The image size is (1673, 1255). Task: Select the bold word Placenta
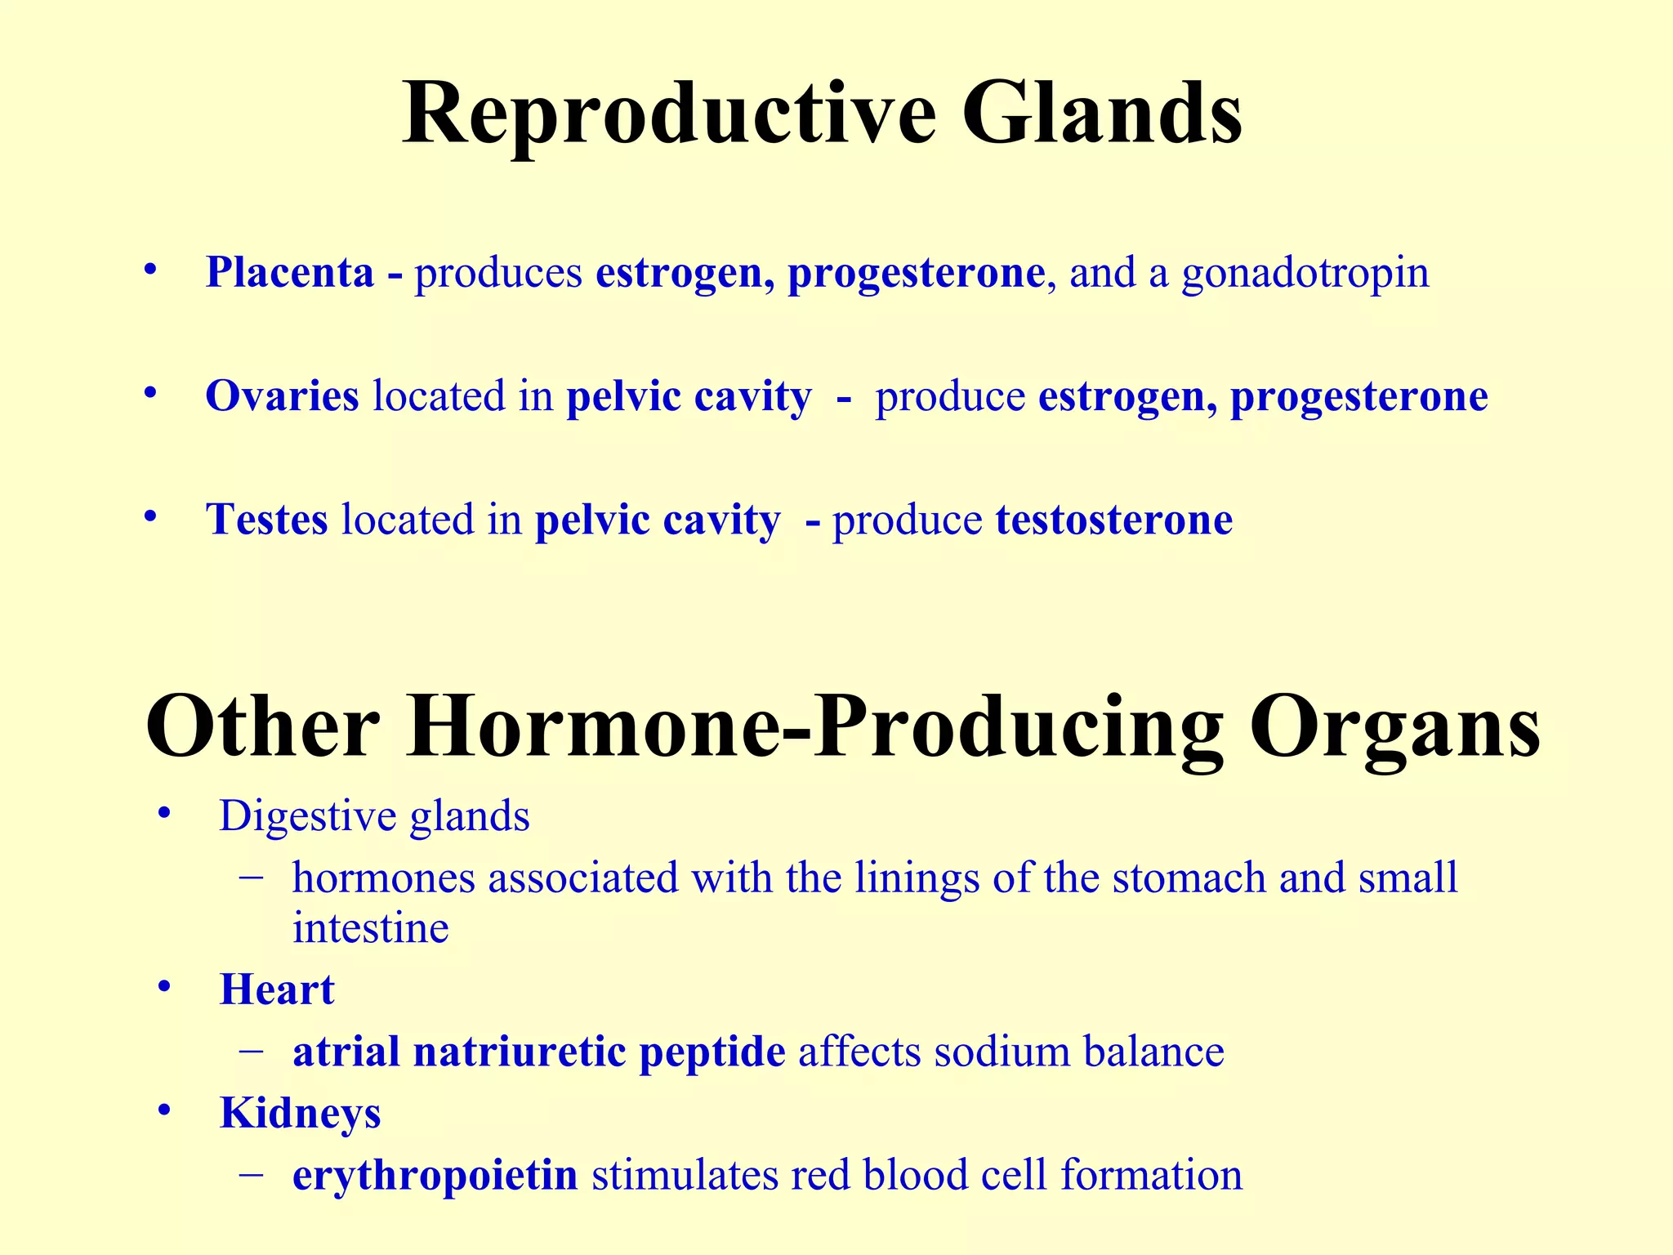(289, 272)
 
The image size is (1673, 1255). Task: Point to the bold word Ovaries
(282, 396)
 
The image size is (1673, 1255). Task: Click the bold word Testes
(266, 520)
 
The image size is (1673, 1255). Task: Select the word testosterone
(1113, 520)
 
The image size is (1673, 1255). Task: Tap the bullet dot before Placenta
(149, 270)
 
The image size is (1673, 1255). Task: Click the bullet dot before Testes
(149, 517)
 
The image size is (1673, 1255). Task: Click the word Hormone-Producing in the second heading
(814, 727)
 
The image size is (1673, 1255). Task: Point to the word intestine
(370, 928)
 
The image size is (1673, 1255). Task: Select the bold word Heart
(277, 989)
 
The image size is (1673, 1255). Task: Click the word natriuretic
(520, 1052)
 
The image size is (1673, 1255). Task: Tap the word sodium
(1002, 1052)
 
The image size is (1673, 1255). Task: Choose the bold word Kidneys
(300, 1114)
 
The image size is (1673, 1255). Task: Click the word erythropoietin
(435, 1176)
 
